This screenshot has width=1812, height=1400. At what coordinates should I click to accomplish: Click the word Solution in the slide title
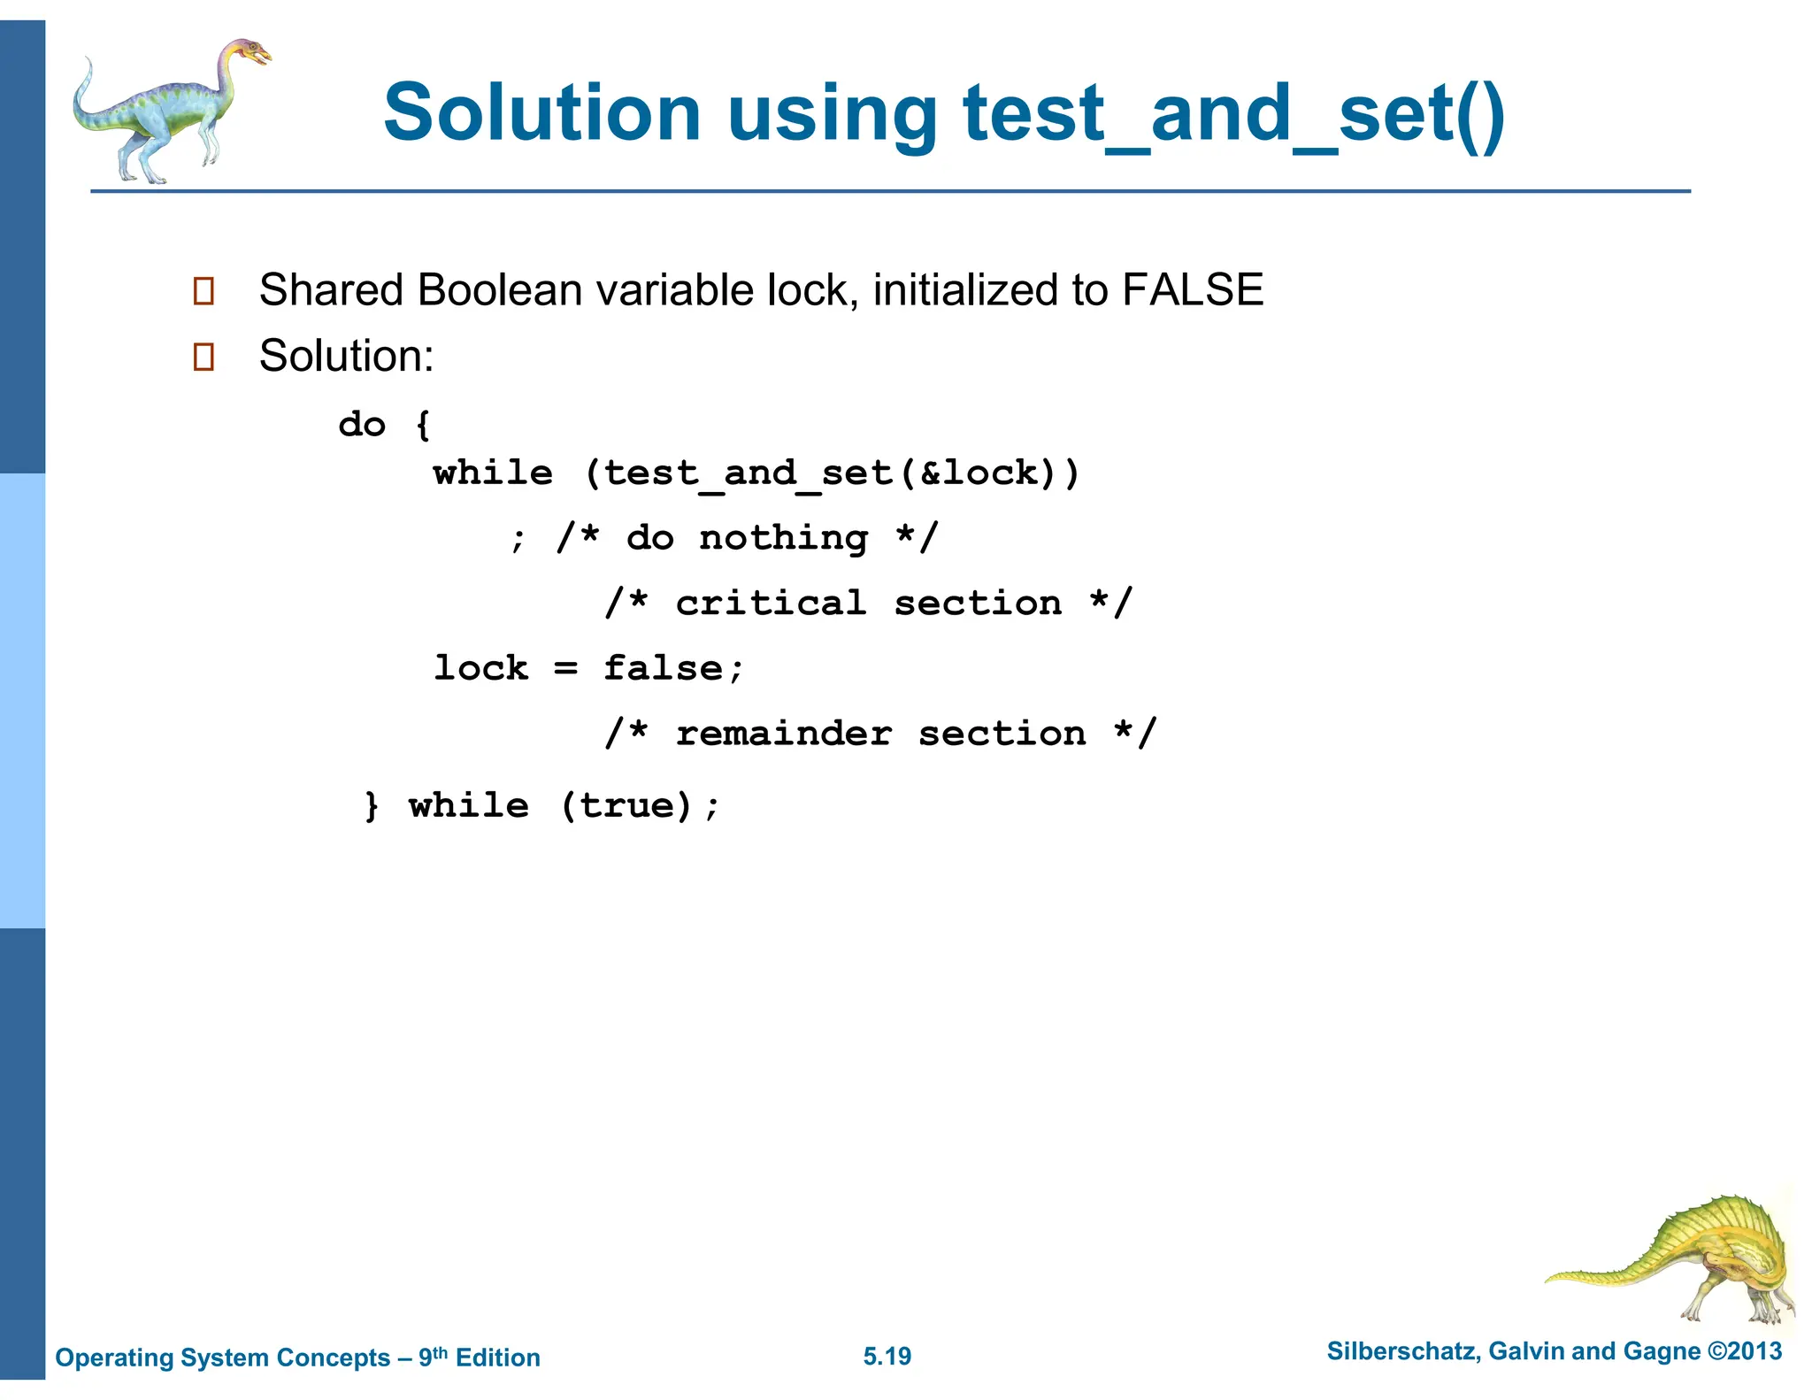click(x=541, y=112)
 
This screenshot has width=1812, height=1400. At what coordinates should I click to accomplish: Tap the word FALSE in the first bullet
click(x=1192, y=289)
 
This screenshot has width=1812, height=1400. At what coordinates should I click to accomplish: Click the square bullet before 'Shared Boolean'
click(x=203, y=291)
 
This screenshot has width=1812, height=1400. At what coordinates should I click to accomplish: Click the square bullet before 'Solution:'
click(x=203, y=357)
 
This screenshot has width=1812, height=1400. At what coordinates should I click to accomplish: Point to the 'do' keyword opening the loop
click(x=362, y=425)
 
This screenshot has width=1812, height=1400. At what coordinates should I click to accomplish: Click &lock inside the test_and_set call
click(x=978, y=473)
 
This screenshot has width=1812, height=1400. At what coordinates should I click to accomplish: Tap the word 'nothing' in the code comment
click(x=783, y=538)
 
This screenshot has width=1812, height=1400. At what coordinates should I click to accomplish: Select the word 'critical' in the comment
click(x=771, y=604)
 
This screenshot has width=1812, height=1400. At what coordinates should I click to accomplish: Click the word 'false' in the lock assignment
click(x=663, y=668)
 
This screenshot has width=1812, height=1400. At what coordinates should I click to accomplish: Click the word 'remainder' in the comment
click(x=783, y=734)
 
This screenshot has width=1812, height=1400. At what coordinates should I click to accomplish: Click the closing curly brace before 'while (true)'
click(x=372, y=806)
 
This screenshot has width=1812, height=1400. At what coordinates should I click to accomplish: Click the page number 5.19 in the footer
click(x=887, y=1357)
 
